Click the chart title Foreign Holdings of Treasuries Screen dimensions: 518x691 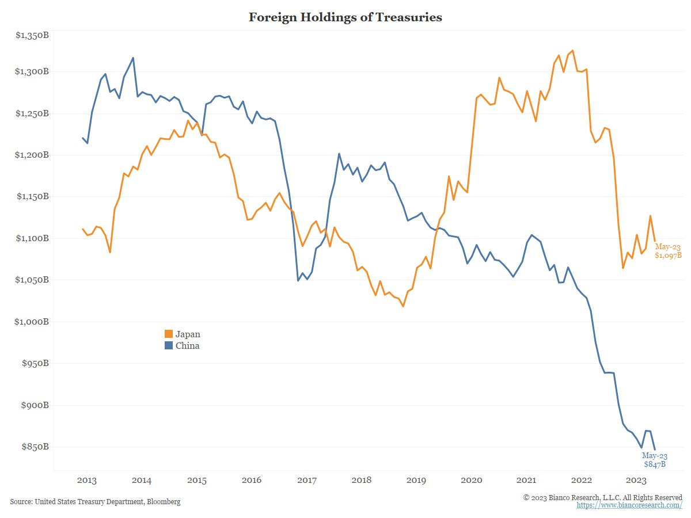pyautogui.click(x=345, y=17)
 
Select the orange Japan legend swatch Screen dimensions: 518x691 pyautogui.click(x=169, y=334)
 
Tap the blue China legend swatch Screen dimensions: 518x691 pyautogui.click(x=169, y=346)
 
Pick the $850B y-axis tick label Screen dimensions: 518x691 pyautogui.click(x=35, y=447)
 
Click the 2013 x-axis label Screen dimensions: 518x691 pyautogui.click(x=86, y=481)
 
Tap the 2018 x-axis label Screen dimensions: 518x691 pyautogui.click(x=362, y=481)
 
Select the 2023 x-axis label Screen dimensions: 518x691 pyautogui.click(x=636, y=481)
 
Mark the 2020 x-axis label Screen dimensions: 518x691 pyautogui.click(x=472, y=481)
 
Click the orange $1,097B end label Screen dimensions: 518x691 pyautogui.click(x=668, y=255)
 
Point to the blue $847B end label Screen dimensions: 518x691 pyautogui.click(x=655, y=464)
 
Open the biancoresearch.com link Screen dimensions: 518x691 pyautogui.click(x=629, y=505)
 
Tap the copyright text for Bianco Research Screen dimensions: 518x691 pyautogui.click(x=602, y=497)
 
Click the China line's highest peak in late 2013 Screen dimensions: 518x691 pyautogui.click(x=133, y=58)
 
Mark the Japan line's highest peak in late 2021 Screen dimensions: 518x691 pyautogui.click(x=572, y=51)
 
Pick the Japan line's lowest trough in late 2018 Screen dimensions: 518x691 pyautogui.click(x=403, y=306)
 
